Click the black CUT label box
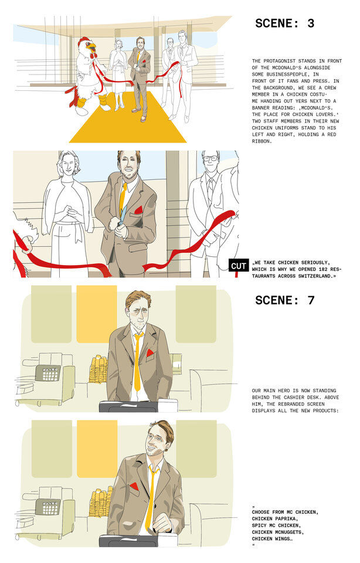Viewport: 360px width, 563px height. pyautogui.click(x=239, y=266)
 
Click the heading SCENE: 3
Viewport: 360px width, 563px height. pyautogui.click(x=285, y=23)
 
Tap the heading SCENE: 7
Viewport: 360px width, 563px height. pyautogui.click(x=285, y=300)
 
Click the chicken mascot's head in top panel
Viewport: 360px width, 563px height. pyautogui.click(x=86, y=46)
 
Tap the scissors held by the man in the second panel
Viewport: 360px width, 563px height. pyautogui.click(x=119, y=225)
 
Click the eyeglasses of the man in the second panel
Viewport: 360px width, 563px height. pyautogui.click(x=211, y=158)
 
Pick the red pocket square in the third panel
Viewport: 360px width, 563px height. pyautogui.click(x=151, y=353)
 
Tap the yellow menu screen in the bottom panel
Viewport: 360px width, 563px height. pyautogui.click(x=97, y=448)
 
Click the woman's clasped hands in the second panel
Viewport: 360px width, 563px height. pyautogui.click(x=71, y=208)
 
